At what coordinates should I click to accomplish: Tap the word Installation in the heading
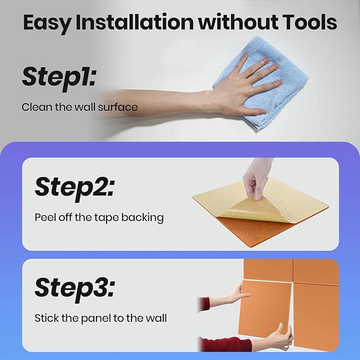tap(135, 22)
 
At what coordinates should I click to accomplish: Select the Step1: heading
tap(59, 78)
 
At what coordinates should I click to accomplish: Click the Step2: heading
tap(75, 188)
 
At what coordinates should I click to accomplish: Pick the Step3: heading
tap(75, 289)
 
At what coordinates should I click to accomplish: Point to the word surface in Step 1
tap(118, 107)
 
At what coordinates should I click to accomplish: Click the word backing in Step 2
tap(142, 218)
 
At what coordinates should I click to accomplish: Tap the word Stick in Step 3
tap(47, 318)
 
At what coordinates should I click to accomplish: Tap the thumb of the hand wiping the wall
tap(255, 112)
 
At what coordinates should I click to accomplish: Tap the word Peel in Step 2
tap(46, 217)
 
